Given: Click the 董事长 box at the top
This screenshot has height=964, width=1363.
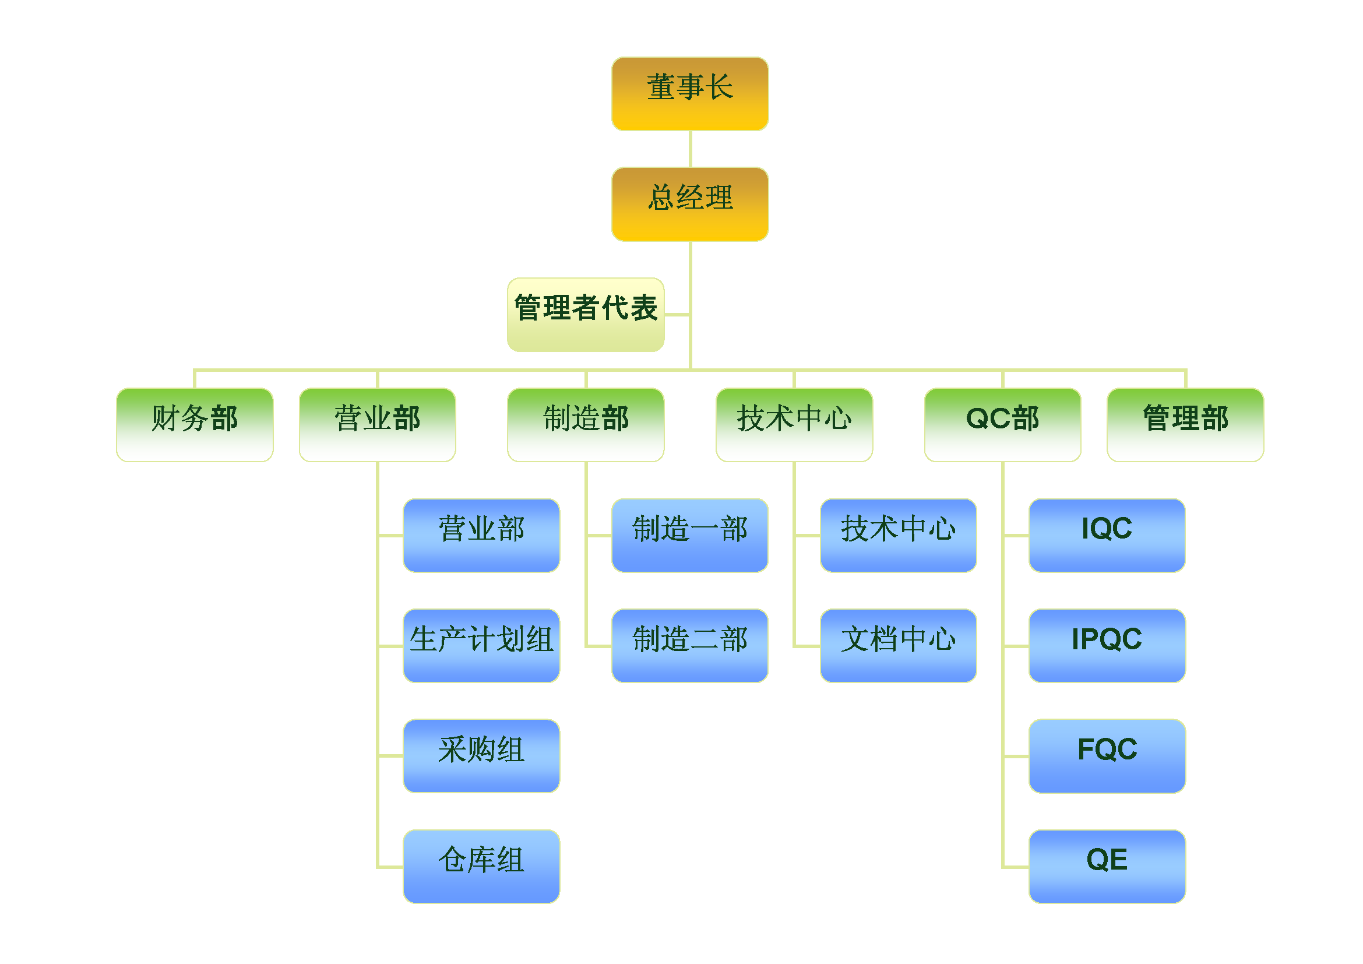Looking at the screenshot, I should click(690, 94).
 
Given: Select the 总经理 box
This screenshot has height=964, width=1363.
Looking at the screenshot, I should click(690, 204).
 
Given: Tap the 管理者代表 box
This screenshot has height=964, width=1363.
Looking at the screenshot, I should click(585, 315).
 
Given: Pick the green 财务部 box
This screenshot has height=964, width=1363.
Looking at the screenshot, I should click(195, 425).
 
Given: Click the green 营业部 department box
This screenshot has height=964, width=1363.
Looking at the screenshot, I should click(378, 425).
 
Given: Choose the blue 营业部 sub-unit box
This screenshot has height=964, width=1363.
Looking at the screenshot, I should click(481, 536).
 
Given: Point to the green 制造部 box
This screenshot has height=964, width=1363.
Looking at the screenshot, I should click(585, 425).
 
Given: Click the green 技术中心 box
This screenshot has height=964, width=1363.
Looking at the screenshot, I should click(794, 425).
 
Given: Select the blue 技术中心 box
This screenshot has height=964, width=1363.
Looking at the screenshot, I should click(898, 536).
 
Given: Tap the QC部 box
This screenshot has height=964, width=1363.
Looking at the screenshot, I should click(1003, 425).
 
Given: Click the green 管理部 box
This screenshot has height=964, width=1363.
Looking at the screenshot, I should click(1185, 425).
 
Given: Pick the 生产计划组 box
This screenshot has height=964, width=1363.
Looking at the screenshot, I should click(481, 646).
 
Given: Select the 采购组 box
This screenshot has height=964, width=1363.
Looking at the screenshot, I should click(481, 756).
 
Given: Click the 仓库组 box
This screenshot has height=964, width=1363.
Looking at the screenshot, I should click(481, 866).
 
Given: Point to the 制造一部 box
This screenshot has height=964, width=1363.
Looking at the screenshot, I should click(690, 536).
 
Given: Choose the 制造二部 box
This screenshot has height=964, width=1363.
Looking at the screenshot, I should click(690, 646).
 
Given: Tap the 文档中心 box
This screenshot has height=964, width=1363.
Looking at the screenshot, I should click(898, 646).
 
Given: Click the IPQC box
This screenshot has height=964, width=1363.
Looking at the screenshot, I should click(1107, 646).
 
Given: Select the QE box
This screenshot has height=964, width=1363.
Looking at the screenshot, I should click(1107, 866).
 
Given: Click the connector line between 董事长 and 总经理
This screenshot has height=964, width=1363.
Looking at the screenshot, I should click(690, 149).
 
